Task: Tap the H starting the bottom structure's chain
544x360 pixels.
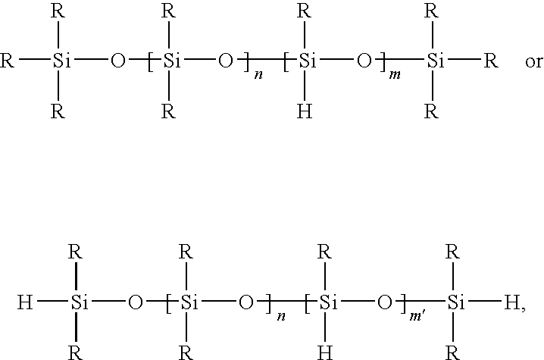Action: pos(25,305)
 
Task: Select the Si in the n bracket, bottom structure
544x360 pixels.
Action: pos(185,305)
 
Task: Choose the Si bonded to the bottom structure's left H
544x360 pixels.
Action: pos(80,305)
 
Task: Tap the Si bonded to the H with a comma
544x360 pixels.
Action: pos(454,305)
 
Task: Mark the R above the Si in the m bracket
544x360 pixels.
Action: pos(305,11)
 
